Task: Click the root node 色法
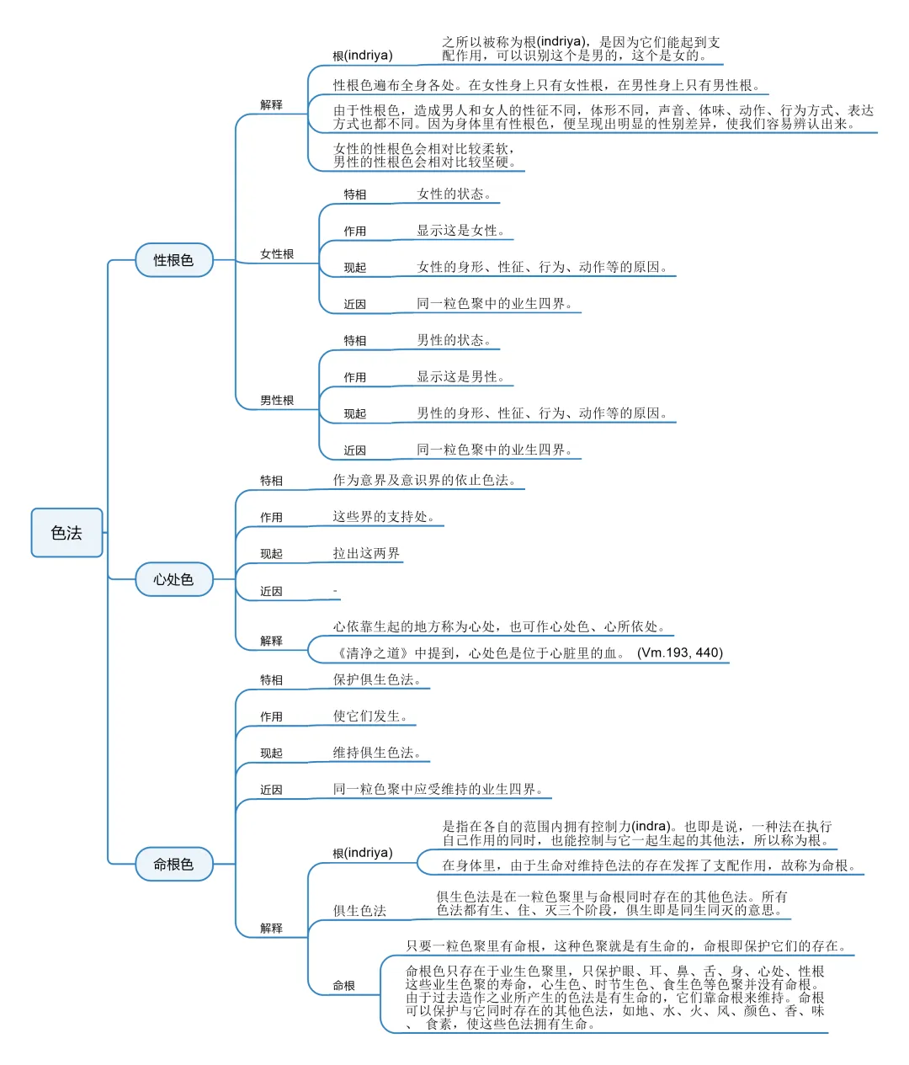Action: pyautogui.click(x=66, y=533)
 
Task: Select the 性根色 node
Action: pyautogui.click(x=173, y=260)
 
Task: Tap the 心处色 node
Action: pyautogui.click(x=173, y=579)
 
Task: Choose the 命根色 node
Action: pyautogui.click(x=173, y=864)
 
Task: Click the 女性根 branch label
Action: pyautogui.click(x=277, y=254)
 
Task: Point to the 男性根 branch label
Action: pyautogui.click(x=277, y=401)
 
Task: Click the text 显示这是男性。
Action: pyautogui.click(x=460, y=377)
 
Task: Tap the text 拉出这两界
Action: pyautogui.click(x=366, y=554)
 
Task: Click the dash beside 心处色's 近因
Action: pyautogui.click(x=335, y=591)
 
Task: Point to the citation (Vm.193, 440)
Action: pyautogui.click(x=680, y=652)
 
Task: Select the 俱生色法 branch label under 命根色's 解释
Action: pyautogui.click(x=359, y=911)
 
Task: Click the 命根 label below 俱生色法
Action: pyautogui.click(x=344, y=985)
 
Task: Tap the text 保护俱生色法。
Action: pyautogui.click(x=377, y=680)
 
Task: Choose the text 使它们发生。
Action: pyautogui.click(x=370, y=716)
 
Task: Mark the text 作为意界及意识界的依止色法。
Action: pyautogui.click(x=424, y=481)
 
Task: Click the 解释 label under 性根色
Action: pyautogui.click(x=271, y=105)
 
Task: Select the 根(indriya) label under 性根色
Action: pyautogui.click(x=363, y=56)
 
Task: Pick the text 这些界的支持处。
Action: pyautogui.click(x=384, y=517)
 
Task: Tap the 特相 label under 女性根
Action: pyautogui.click(x=355, y=194)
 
